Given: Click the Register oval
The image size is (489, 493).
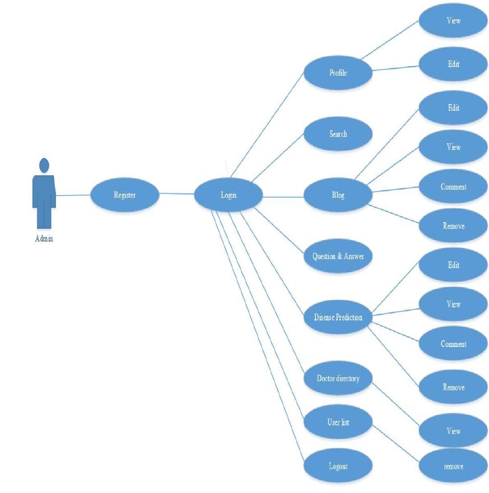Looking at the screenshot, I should pos(125,195).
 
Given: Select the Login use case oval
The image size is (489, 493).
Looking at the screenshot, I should pos(229,195).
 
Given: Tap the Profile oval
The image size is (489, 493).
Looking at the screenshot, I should pos(338,72).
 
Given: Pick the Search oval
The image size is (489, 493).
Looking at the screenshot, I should pos(338,134).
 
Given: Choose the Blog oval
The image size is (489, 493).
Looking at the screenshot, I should pos(338,195).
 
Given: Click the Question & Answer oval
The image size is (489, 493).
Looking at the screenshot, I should pos(338,256).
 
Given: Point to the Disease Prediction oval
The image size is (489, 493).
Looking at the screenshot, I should pos(338,317).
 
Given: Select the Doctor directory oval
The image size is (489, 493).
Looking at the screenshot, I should pos(338,378).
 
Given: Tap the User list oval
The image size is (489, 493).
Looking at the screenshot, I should pos(338,422).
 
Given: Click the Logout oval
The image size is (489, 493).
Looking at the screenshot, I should pos(338,466).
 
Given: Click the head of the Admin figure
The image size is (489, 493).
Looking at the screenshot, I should pos(44,165).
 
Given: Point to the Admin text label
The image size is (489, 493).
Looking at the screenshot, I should pos(44,238).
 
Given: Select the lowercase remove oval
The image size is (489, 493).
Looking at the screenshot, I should pos(453,466).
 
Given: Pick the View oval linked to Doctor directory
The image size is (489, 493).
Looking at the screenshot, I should pos(453,431).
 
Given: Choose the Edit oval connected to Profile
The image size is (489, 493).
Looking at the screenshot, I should pos(453,64).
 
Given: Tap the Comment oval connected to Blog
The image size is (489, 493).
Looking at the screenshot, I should pos(453,187).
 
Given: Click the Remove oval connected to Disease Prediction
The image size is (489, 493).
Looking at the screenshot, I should pos(453,387).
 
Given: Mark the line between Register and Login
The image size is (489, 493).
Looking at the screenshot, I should pos(177,194).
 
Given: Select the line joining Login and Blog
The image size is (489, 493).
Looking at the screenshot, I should pos(283,197).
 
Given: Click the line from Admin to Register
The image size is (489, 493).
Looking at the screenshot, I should pos(73,195).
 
